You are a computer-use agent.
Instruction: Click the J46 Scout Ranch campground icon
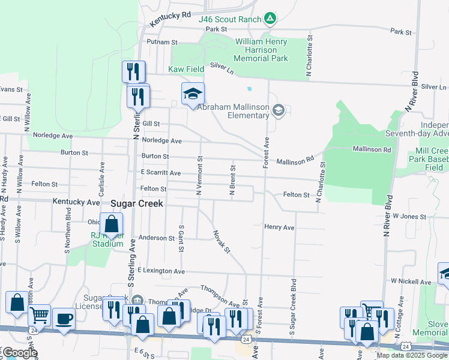(x=270, y=19)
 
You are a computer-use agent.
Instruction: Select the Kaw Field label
(x=185, y=70)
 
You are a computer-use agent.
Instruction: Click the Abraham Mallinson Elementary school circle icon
(x=277, y=110)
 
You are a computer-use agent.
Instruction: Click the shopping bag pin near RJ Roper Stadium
(x=112, y=225)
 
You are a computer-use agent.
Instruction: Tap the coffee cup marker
(x=64, y=319)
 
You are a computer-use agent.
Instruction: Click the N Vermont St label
(x=199, y=175)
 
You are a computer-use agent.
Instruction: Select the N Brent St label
(x=232, y=178)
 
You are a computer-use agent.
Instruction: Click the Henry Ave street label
(x=279, y=227)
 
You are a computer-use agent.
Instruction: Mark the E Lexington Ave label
(x=161, y=271)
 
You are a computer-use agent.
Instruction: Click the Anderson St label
(x=156, y=238)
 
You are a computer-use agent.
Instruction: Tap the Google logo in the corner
(x=19, y=353)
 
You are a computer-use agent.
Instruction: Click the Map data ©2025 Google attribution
(x=412, y=355)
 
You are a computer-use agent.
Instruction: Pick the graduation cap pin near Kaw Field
(x=193, y=94)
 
